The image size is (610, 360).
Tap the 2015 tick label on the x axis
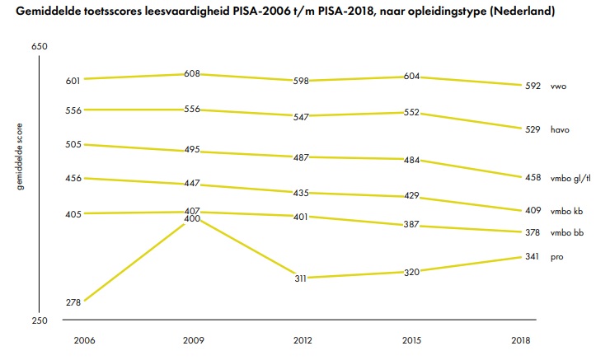(x=412, y=339)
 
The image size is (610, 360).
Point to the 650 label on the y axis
(x=39, y=46)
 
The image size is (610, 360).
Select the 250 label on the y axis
(x=39, y=320)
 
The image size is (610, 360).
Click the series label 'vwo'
(x=558, y=86)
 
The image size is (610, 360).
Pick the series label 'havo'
(x=561, y=129)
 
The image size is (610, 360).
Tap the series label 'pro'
(x=557, y=257)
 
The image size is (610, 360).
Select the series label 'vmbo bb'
(x=566, y=233)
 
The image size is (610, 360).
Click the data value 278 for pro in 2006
(x=73, y=302)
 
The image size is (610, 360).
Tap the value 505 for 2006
(x=73, y=144)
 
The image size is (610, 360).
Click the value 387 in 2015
(x=412, y=225)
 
